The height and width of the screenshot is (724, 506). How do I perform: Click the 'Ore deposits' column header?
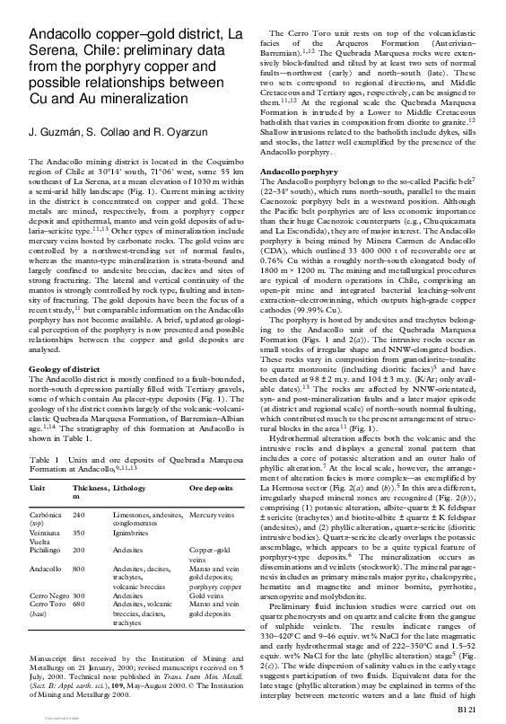210,486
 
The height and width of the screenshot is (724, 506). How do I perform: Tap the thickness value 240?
79,514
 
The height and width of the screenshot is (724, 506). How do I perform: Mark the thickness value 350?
79,533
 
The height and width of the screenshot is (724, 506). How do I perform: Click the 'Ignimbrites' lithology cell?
133,533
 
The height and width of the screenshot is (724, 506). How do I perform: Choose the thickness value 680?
79,604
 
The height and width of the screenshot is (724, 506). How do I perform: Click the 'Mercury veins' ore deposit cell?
213,514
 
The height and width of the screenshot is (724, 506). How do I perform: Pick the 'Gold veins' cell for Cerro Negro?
206,595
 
